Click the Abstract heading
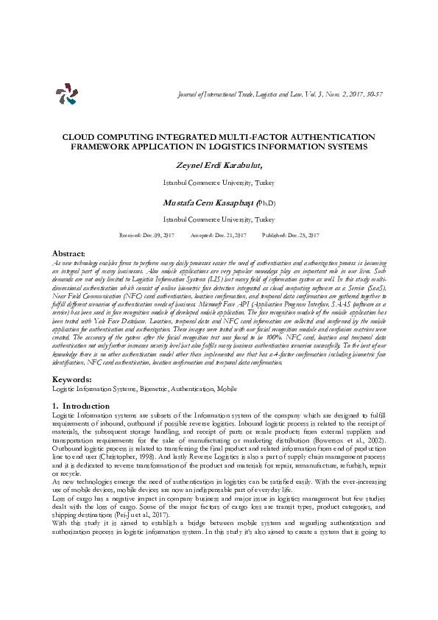point(71,253)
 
